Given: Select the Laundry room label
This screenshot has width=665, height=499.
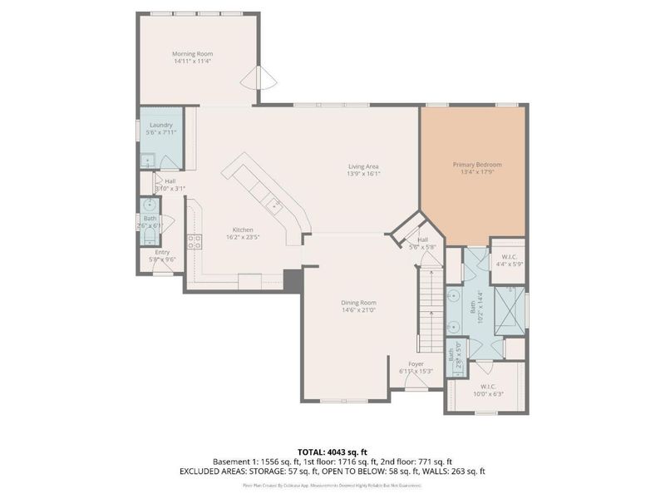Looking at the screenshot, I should click(x=160, y=125).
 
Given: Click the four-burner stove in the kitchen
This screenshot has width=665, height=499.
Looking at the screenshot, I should click(x=196, y=243).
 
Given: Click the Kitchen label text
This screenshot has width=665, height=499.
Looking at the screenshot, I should click(x=242, y=230).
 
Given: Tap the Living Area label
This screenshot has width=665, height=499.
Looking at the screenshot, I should click(x=363, y=166).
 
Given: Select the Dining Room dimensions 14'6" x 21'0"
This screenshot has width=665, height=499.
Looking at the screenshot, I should click(x=358, y=311).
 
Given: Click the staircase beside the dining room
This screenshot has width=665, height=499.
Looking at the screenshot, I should click(x=431, y=308).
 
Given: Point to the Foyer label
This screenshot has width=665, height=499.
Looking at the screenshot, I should click(x=416, y=363).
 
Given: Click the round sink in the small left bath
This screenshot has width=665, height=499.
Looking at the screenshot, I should click(x=150, y=205).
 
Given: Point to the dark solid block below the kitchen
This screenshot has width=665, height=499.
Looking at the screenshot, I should click(x=293, y=280).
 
